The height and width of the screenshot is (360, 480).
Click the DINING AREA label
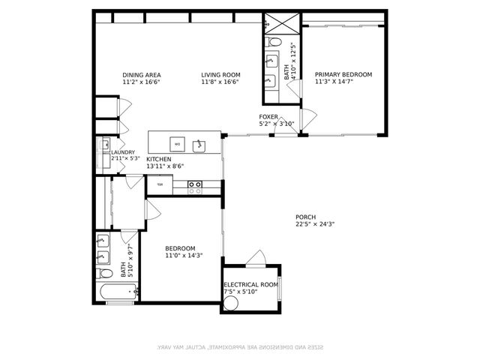[142, 74]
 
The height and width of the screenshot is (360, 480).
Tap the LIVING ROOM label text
[220, 74]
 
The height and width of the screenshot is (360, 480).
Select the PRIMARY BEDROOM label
[343, 74]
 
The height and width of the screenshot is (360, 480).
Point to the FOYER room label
[268, 117]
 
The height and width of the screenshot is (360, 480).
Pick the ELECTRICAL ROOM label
[250, 285]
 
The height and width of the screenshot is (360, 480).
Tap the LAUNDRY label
[123, 152]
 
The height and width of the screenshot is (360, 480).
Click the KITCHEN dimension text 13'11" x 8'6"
[165, 166]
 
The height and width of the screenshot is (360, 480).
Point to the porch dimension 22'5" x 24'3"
[315, 223]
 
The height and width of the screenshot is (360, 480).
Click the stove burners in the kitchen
[195, 187]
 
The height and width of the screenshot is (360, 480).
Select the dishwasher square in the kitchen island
[177, 143]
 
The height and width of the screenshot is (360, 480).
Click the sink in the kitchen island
[199, 143]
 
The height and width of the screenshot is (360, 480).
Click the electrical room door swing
[256, 258]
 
